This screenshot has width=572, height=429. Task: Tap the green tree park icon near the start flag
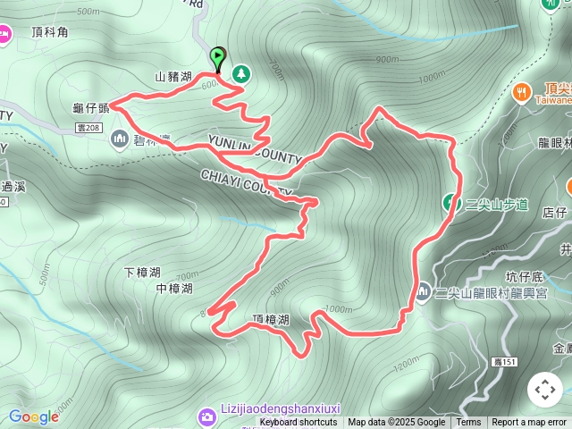click(x=240, y=72)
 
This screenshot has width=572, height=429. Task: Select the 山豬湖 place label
click(x=173, y=77)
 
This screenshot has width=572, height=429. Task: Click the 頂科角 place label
click(x=49, y=32)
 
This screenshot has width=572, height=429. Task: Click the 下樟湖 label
click(x=142, y=272)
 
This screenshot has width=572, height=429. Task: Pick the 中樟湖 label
click(x=173, y=289)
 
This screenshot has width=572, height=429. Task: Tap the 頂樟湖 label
click(x=271, y=319)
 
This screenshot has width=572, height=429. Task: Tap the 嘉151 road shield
click(x=505, y=362)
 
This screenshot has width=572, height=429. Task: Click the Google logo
click(x=34, y=416)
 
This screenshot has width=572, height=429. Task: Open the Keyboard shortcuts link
click(x=299, y=423)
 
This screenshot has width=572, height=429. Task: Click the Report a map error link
click(x=529, y=423)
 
